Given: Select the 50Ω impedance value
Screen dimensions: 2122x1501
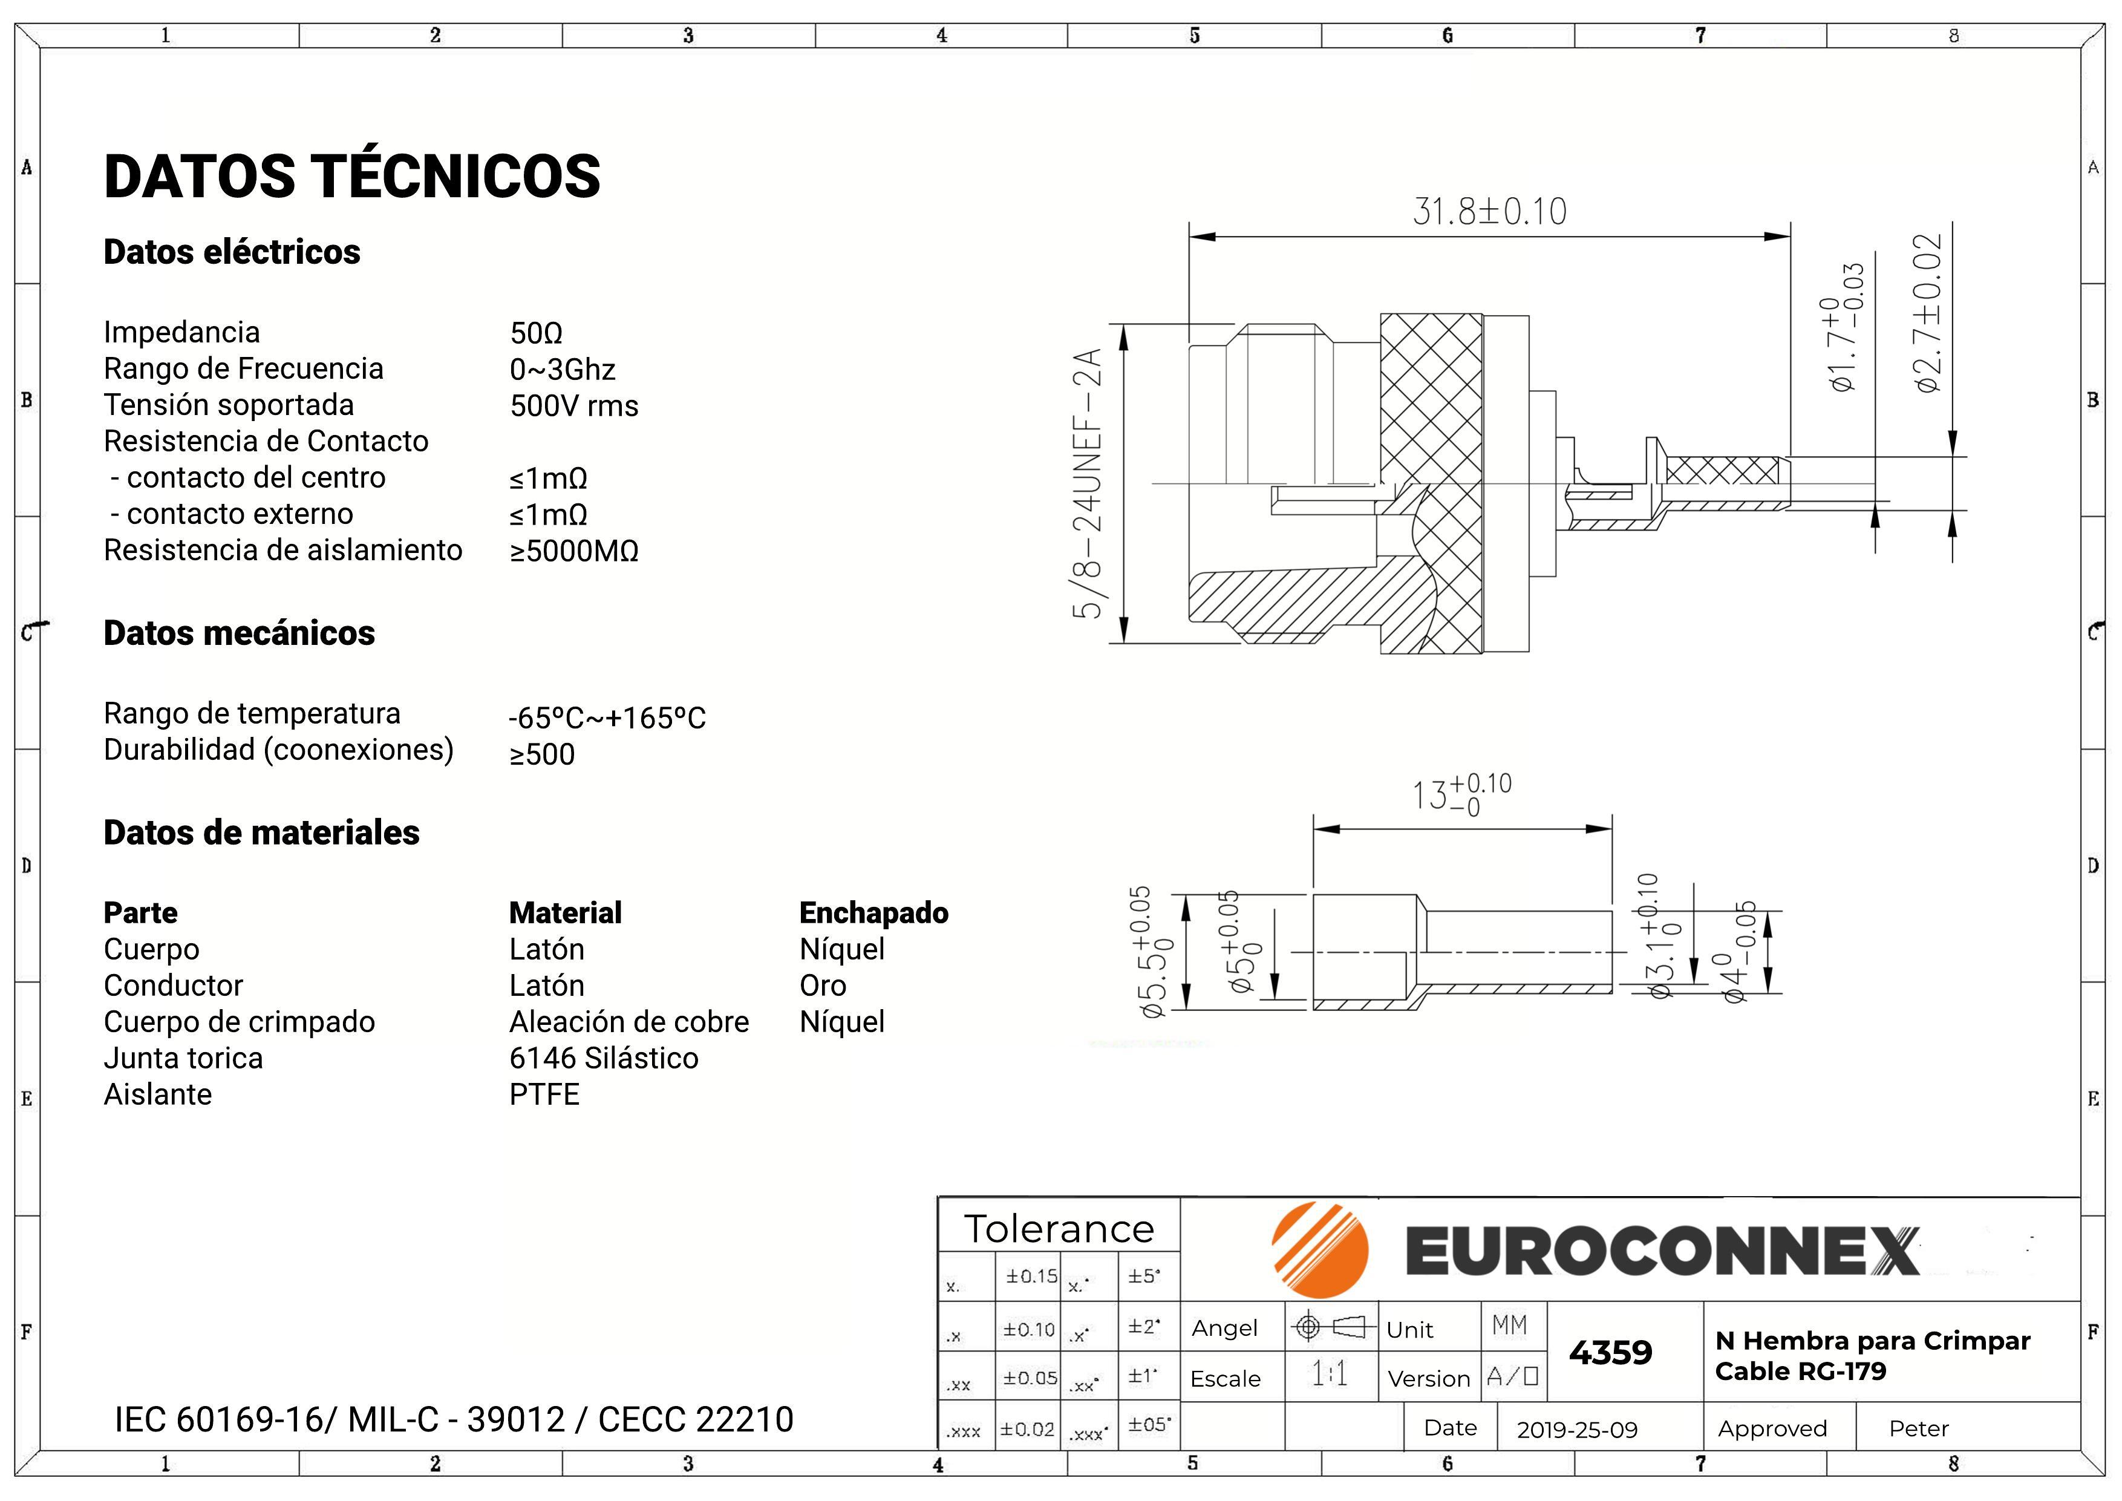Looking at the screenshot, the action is point(536,333).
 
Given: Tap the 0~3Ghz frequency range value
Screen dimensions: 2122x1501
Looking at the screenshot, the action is point(562,370).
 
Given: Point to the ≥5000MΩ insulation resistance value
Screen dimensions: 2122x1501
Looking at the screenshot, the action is point(574,551).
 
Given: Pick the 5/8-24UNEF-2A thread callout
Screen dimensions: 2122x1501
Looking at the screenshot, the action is point(1088,483).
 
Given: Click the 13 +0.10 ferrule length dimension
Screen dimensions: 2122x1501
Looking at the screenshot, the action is point(1461,794).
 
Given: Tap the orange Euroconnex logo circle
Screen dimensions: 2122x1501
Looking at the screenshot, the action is point(1320,1251).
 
